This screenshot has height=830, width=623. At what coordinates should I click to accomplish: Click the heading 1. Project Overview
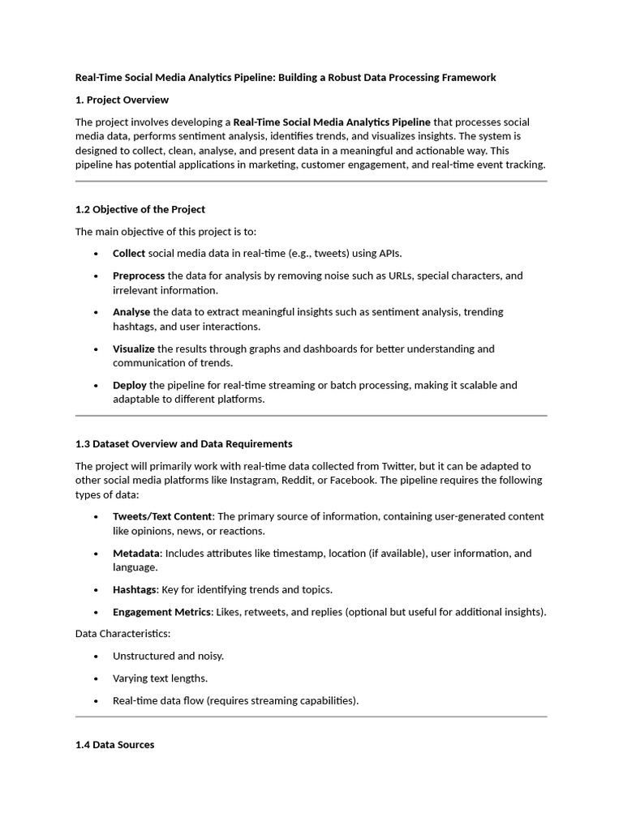(122, 100)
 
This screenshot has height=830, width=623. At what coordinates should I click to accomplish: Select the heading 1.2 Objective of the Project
(140, 209)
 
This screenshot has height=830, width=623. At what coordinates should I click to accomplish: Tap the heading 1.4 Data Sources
(114, 744)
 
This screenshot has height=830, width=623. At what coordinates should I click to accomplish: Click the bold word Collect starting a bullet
(129, 253)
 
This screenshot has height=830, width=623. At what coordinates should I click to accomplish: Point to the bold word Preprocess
(139, 276)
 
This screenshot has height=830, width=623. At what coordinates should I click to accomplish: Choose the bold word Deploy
(130, 385)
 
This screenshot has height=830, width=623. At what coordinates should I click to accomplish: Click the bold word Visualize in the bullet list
(134, 349)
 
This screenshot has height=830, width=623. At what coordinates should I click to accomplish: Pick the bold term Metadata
(136, 553)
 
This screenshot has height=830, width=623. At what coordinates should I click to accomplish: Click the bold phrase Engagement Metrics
(161, 612)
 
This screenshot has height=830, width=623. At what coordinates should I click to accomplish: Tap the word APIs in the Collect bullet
(385, 253)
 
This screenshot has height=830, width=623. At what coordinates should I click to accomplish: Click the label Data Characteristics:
(122, 632)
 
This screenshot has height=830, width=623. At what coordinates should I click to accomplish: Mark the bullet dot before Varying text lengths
(96, 678)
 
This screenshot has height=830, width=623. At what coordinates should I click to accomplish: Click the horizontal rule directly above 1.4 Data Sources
(311, 717)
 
